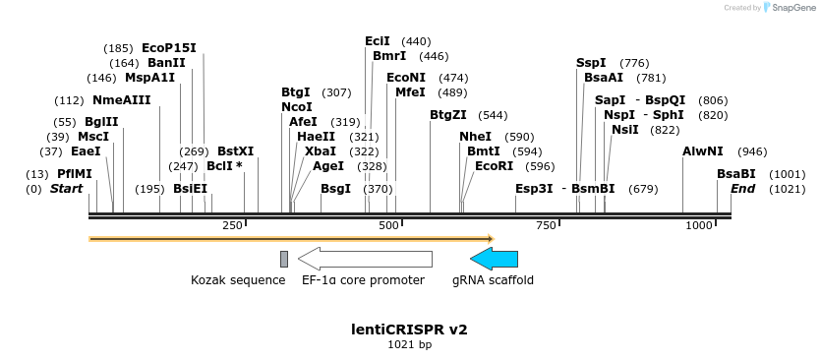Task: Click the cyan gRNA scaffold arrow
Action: point(494,259)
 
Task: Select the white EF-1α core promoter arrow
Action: point(365,259)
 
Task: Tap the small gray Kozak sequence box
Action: point(284,259)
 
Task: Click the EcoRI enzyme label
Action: point(494,166)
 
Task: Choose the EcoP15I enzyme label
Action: point(169,48)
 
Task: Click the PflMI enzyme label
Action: point(74,174)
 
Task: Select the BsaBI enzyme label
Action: point(736,174)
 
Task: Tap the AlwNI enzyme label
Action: point(702,151)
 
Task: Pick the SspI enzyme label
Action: point(591,63)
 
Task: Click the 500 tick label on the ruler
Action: point(389,226)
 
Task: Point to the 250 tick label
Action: point(233,226)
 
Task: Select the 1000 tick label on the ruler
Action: point(699,226)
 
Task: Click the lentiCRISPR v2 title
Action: point(409,330)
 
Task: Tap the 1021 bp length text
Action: point(409,345)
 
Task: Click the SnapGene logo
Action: point(787,8)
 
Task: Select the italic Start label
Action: point(67,189)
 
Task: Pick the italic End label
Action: point(742,189)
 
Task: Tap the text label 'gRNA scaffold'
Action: point(493,280)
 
